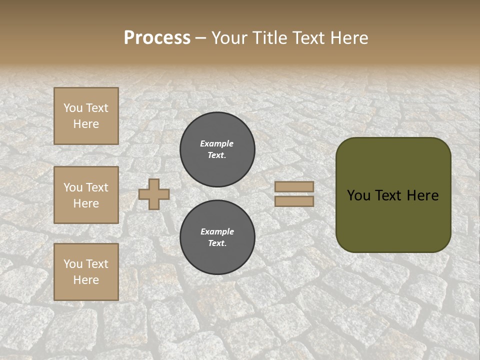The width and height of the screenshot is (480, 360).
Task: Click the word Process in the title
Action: [x=157, y=37]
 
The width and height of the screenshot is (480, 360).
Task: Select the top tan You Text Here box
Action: [x=86, y=116]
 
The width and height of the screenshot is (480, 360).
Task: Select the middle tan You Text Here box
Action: [x=86, y=195]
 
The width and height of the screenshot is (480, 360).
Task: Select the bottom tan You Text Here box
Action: [x=86, y=272]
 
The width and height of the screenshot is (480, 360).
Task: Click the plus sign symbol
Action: [x=154, y=194]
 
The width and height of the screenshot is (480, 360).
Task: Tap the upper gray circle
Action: [x=217, y=149]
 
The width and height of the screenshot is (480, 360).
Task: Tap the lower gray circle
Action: [x=217, y=237]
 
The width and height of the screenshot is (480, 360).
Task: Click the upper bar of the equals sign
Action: [x=294, y=186]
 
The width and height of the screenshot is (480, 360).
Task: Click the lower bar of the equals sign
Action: [x=294, y=201]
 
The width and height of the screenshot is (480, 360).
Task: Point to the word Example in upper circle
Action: [x=217, y=143]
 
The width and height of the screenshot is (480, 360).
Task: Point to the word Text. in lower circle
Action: [x=217, y=243]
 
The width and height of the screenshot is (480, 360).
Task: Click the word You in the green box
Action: [x=358, y=195]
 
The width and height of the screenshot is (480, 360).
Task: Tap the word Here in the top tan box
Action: [x=86, y=124]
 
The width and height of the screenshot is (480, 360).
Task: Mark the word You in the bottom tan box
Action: [x=73, y=264]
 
